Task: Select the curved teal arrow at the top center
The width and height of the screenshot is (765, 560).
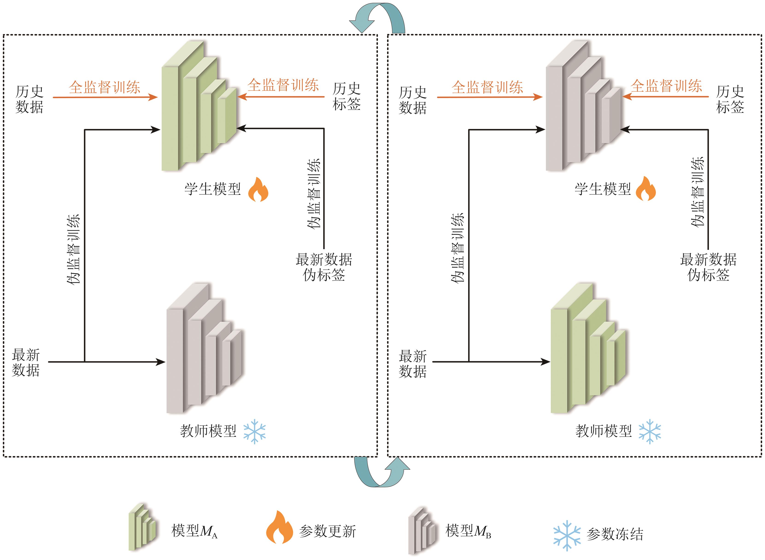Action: tap(377, 18)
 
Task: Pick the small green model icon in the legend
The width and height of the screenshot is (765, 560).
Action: tap(142, 527)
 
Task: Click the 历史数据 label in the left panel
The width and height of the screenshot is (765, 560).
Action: tap(29, 99)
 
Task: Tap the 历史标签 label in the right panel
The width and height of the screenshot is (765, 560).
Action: tap(730, 99)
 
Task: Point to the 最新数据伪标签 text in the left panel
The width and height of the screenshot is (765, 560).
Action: tap(324, 267)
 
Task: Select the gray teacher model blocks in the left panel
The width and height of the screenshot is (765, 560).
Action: tap(203, 349)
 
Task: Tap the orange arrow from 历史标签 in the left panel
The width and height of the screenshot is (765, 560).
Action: tap(281, 97)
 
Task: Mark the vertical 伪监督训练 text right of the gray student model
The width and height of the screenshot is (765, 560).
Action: tap(698, 192)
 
